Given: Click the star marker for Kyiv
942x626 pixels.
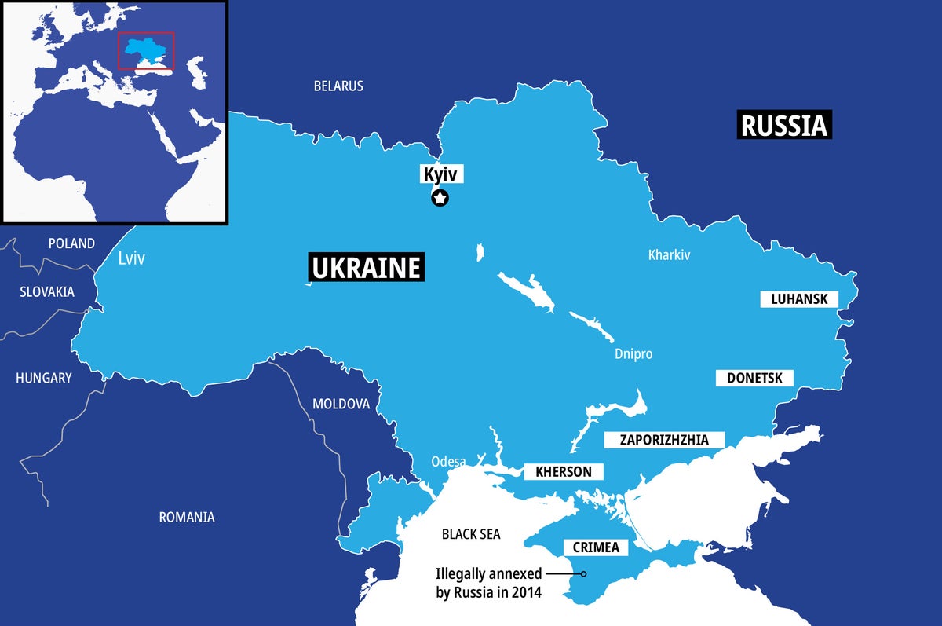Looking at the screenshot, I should (440, 198).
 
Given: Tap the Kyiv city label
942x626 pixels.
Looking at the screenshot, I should (440, 174).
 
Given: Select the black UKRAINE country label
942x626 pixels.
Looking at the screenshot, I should (366, 268).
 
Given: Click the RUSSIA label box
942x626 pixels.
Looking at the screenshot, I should (784, 125).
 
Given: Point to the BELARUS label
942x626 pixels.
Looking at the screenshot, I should (338, 86).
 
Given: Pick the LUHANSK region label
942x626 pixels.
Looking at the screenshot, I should (799, 299).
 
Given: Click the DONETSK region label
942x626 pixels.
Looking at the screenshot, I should (754, 378).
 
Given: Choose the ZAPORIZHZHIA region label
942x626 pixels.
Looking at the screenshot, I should (664, 440).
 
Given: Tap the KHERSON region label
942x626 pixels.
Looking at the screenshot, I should (563, 472).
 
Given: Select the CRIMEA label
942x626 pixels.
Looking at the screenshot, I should (597, 547).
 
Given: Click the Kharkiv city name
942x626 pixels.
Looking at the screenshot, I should (669, 254).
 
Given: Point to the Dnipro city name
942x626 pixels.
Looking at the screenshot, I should (633, 354).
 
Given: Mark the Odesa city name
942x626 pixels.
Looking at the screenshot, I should (448, 461).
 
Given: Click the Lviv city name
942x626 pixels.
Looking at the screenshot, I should (131, 258).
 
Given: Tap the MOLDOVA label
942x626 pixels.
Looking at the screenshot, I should (341, 404).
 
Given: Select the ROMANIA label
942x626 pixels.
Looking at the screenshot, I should (187, 517).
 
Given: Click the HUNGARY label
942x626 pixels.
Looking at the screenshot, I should (43, 378).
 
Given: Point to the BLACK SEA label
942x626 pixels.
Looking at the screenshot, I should (470, 534).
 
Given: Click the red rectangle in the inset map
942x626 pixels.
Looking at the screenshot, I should (146, 51).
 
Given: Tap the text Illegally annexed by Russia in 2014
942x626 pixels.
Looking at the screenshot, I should (488, 582).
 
